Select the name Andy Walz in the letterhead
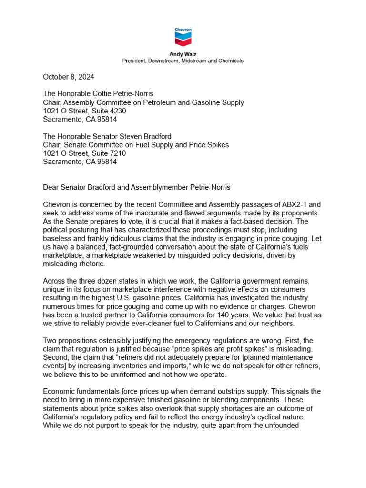[183, 54]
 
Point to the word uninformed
[125, 375]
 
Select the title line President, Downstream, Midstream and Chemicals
[183, 61]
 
